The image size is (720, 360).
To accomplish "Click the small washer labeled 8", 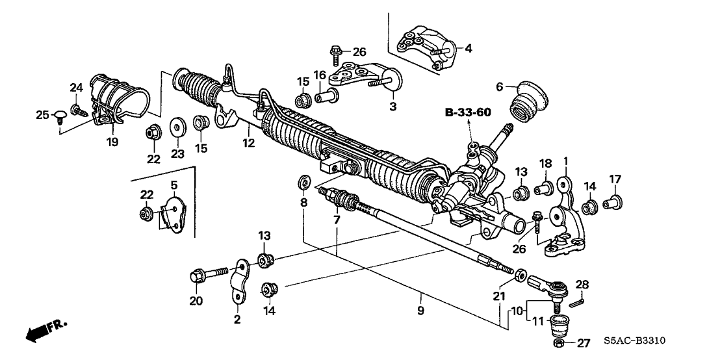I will click(303, 181).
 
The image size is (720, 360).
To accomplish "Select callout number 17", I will click(615, 179).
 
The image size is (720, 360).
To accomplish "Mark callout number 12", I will click(247, 142).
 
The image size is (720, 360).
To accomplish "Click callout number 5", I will click(174, 186).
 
